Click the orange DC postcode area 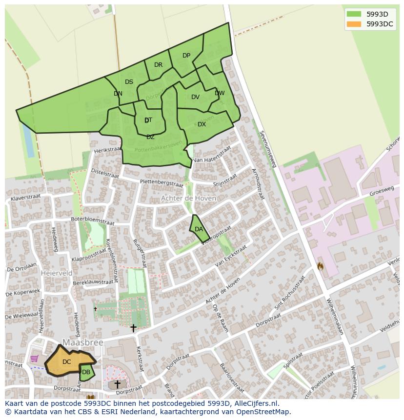click(x=66, y=362)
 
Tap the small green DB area click(x=86, y=372)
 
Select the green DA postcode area click(x=199, y=229)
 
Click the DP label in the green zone click(x=186, y=56)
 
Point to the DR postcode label click(x=158, y=65)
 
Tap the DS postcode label click(x=129, y=82)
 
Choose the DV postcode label click(x=195, y=97)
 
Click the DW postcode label click(x=220, y=93)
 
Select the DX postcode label click(x=202, y=124)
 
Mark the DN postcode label click(x=118, y=94)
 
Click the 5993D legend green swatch click(x=354, y=14)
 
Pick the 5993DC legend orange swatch click(x=354, y=24)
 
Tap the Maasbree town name click(x=82, y=343)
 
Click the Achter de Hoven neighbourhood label click(x=188, y=199)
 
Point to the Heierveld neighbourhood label click(x=57, y=273)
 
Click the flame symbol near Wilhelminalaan click(x=321, y=266)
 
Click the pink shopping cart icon click(x=34, y=359)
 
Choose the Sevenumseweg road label click(x=268, y=149)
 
